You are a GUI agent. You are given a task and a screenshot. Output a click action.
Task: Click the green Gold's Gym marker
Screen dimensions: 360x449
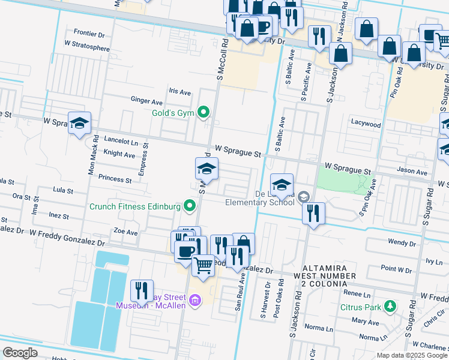click(x=204, y=112)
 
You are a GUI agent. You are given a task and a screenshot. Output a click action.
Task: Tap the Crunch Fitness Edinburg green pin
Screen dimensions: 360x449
click(x=190, y=207)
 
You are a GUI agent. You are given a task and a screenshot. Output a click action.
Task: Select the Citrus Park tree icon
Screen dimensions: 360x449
click(x=390, y=307)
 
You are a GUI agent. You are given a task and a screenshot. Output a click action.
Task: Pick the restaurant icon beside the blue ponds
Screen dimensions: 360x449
click(x=142, y=290)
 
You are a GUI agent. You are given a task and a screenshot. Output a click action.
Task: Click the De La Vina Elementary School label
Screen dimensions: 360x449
click(x=261, y=199)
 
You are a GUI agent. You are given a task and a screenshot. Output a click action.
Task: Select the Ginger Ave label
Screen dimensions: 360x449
click(x=146, y=101)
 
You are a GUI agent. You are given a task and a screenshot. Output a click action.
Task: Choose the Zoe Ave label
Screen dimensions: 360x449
click(x=126, y=232)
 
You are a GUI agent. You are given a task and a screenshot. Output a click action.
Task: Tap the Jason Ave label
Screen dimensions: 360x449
click(x=412, y=172)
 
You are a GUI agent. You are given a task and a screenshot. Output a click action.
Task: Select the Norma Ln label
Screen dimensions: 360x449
click(x=319, y=329)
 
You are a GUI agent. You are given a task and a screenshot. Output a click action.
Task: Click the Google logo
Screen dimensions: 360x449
click(x=20, y=353)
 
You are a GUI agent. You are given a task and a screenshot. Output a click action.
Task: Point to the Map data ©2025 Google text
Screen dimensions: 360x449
click(x=411, y=355)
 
